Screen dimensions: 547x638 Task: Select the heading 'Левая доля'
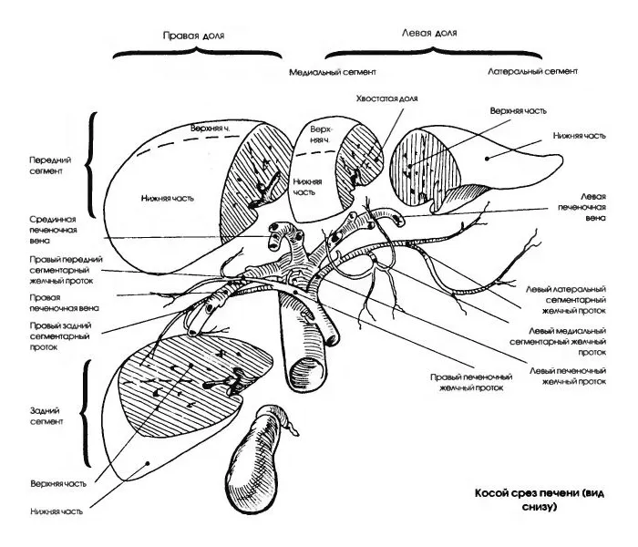pos(428,30)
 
